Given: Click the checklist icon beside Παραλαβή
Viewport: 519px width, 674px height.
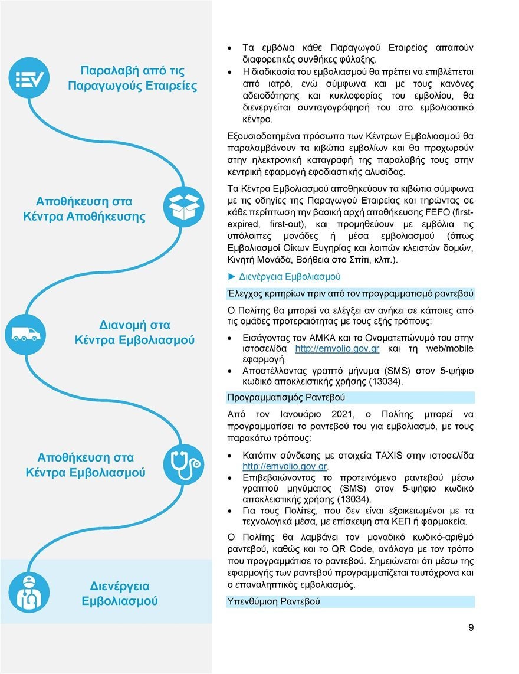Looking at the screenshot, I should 29,78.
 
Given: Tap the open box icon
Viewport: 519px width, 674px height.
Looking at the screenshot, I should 183,207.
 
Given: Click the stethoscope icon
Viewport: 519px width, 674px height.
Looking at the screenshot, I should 183,464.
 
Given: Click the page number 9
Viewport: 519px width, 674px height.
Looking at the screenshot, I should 471,627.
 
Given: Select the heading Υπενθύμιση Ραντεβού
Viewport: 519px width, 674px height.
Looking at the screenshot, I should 273,602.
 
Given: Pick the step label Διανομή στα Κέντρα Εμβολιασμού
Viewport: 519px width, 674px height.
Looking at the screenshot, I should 134,333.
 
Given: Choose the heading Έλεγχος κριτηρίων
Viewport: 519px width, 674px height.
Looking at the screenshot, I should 350,293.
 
